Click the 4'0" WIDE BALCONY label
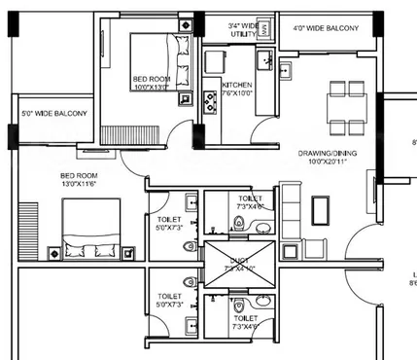pos(326,28)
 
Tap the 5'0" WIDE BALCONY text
pos(53,114)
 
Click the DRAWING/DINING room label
pos(327,153)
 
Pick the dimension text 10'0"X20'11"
pos(327,162)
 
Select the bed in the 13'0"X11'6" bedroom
pos(93,234)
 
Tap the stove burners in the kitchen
pos(209,101)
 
